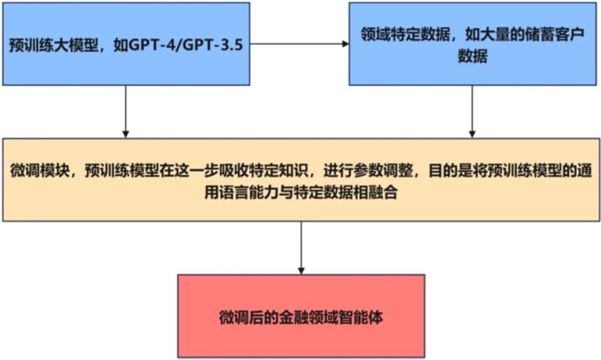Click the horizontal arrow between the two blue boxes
click(298, 44)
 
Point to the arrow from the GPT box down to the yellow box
click(126, 111)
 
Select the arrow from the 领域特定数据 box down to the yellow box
click(472, 111)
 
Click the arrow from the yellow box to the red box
click(301, 248)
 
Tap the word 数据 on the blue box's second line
click(472, 57)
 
